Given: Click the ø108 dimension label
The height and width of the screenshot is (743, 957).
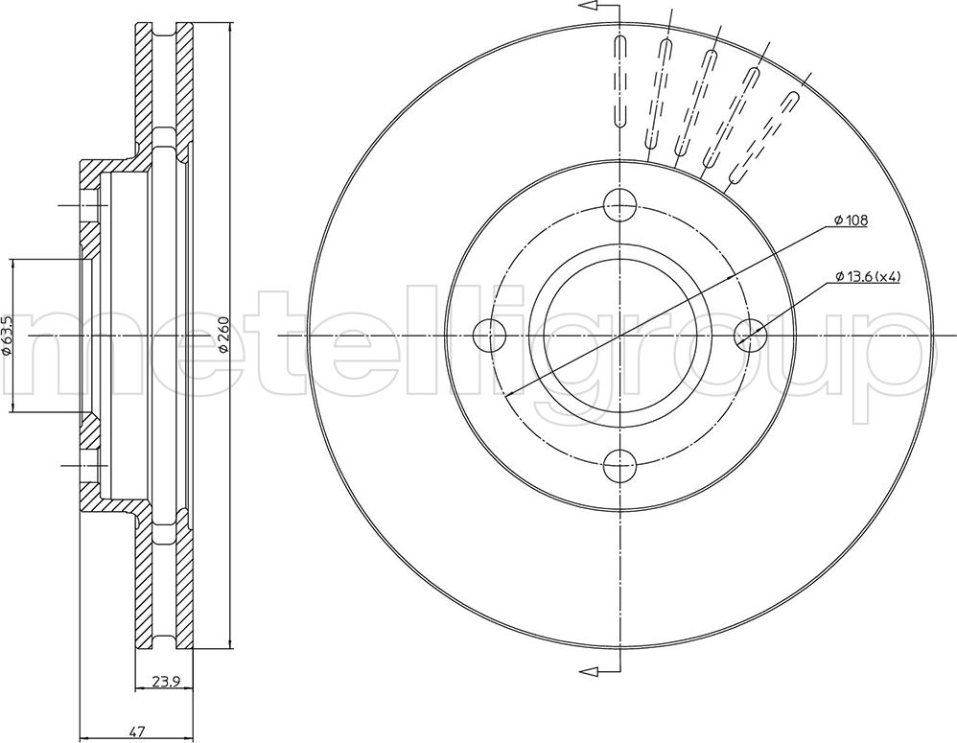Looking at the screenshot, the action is pos(851,221).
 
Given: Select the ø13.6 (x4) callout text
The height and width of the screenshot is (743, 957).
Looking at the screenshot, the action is pos(868,277).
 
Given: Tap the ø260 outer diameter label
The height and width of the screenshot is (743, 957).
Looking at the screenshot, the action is pos(222,335).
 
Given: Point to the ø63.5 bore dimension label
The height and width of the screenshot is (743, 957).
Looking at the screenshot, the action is pos(6,336).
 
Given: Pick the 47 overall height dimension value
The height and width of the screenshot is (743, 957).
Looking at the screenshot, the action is pos(140,731).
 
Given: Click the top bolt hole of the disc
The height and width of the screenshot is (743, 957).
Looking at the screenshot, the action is pos(620,204).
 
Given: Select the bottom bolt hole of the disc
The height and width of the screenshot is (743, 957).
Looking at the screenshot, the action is pos(620,466).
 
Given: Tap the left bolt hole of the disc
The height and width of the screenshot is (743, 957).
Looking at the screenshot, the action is pos(490,336).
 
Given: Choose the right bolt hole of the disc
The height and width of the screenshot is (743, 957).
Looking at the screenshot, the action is pos(750,336).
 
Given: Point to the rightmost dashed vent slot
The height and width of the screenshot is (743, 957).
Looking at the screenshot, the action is pos(763,138).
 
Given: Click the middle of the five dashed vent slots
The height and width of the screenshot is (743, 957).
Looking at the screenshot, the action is pos(693,102).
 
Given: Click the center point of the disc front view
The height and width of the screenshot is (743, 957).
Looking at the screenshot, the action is pos(620,336).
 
